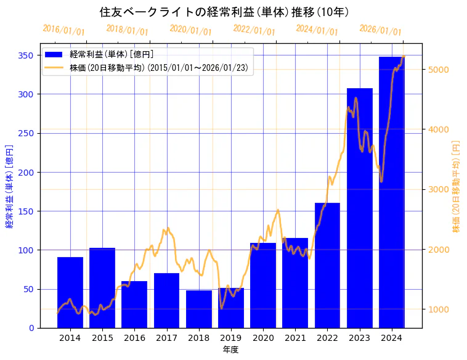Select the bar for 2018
pyautogui.click(x=199, y=309)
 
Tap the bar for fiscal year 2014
pyautogui.click(x=70, y=292)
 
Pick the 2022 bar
pyautogui.click(x=327, y=265)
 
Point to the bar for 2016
pyautogui.click(x=134, y=305)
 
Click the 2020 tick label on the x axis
pyautogui.click(x=263, y=338)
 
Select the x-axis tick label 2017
pyautogui.click(x=166, y=338)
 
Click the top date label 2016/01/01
pyautogui.click(x=63, y=30)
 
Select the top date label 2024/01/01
pyautogui.click(x=317, y=30)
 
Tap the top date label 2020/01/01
pyautogui.click(x=190, y=30)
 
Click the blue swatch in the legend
pyautogui.click(x=54, y=54)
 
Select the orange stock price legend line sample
pyautogui.click(x=54, y=67)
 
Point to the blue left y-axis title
pyautogui.click(x=9, y=186)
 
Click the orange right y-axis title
pyautogui.click(x=457, y=186)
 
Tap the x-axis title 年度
pyautogui.click(x=231, y=350)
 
